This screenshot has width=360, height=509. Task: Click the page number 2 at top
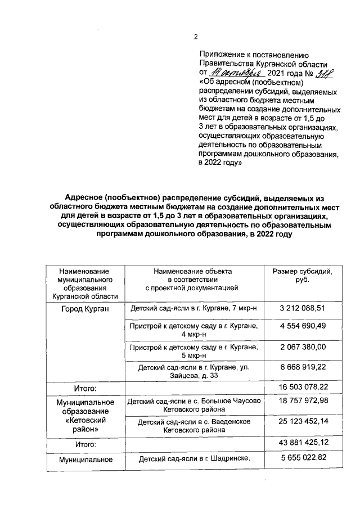[x=196, y=37]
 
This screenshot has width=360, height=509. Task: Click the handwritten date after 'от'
[x=232, y=73]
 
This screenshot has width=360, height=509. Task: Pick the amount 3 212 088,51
[x=302, y=308]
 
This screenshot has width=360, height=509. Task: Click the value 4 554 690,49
[x=302, y=326]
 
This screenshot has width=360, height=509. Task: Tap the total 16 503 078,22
[x=302, y=388]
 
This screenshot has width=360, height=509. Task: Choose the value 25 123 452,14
[x=302, y=421]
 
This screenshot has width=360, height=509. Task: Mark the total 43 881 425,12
[x=302, y=444]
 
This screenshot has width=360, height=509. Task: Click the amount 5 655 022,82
[x=302, y=458]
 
